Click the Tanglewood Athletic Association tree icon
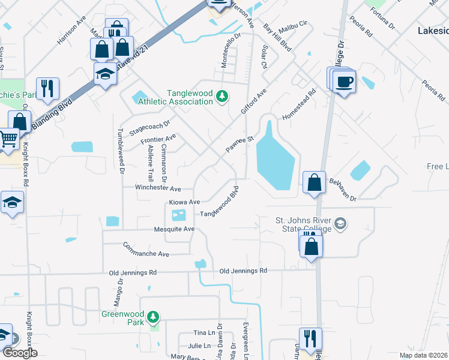(222, 97)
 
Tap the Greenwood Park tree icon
(153, 316)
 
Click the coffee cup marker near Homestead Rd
(345, 82)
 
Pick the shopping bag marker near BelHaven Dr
(314, 182)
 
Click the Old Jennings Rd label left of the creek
(133, 272)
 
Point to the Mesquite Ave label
(173, 229)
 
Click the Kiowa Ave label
(184, 202)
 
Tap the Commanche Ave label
(146, 250)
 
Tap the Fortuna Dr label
(382, 19)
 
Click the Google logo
(20, 353)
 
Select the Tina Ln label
(204, 332)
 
